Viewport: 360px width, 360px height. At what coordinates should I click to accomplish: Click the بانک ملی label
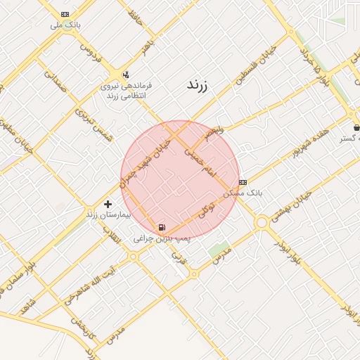65,25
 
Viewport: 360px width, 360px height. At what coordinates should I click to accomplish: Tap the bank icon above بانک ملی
65,14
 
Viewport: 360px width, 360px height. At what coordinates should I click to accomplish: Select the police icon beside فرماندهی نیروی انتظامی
126,74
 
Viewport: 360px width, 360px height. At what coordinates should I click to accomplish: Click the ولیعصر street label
214,131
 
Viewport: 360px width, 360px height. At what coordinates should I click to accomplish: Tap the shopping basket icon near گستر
357,127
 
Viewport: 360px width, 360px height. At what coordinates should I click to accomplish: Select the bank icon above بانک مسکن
243,182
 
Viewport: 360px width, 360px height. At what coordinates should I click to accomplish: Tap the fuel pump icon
162,227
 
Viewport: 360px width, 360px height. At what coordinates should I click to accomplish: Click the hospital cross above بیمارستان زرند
107,203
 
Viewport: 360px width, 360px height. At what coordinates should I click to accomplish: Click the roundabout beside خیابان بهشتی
262,222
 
